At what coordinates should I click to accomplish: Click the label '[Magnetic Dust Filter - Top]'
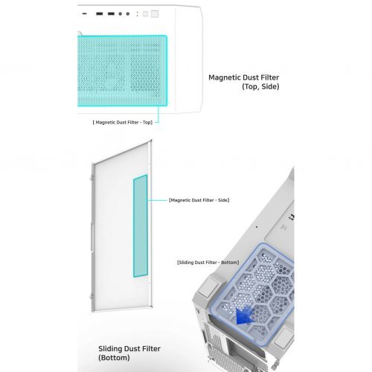122,121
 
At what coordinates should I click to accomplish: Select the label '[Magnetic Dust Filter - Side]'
199,200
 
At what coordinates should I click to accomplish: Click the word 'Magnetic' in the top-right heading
224,77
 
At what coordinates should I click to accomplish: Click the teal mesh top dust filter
122,71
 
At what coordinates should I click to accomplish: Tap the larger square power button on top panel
155,14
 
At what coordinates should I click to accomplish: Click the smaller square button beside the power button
147,14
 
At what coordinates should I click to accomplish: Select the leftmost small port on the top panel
84,14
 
